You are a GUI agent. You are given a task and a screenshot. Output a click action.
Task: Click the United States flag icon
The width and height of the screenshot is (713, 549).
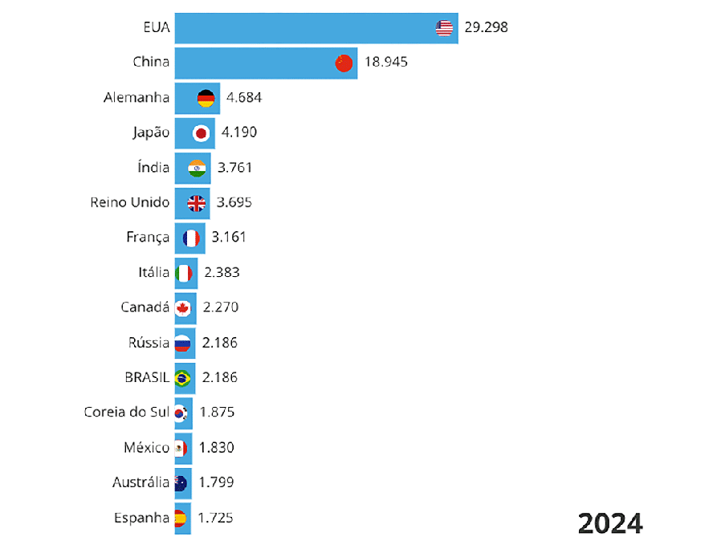click(x=445, y=28)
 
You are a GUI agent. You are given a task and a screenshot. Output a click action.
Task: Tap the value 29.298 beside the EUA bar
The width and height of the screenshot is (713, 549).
click(x=486, y=28)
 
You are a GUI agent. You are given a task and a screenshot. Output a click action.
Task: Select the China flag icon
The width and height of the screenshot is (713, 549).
click(x=344, y=63)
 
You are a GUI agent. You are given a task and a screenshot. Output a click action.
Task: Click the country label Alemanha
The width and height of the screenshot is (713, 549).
click(x=136, y=98)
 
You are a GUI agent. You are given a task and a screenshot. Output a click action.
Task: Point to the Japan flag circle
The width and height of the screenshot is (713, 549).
click(x=202, y=132)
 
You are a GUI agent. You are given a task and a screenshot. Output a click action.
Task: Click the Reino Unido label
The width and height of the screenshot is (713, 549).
click(x=130, y=202)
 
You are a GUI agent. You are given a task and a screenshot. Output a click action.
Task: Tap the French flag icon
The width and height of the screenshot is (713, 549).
click(x=191, y=238)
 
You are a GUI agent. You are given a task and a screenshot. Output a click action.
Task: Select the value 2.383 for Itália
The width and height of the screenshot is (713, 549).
click(x=222, y=273)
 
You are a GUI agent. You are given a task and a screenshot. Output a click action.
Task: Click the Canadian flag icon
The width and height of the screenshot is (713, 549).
click(x=183, y=307)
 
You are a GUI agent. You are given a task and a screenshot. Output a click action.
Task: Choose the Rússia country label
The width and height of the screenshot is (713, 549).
click(x=149, y=343)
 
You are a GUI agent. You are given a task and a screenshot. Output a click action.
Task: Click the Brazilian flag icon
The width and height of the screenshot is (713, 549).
click(x=182, y=377)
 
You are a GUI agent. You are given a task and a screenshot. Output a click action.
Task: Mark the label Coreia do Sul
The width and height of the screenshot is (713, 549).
click(x=127, y=413)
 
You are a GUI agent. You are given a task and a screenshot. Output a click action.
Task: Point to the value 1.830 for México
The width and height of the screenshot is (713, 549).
click(x=217, y=448)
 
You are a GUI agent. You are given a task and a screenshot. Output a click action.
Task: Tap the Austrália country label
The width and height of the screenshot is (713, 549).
click(x=141, y=482)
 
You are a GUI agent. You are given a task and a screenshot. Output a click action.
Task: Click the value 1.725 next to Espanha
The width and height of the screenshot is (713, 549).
click(x=215, y=518)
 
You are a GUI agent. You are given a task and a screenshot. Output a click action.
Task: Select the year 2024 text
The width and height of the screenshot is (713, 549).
click(x=610, y=523)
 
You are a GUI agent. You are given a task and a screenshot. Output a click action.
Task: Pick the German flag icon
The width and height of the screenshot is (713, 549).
click(x=206, y=98)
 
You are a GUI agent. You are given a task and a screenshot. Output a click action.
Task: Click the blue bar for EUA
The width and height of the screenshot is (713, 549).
click(x=305, y=28)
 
